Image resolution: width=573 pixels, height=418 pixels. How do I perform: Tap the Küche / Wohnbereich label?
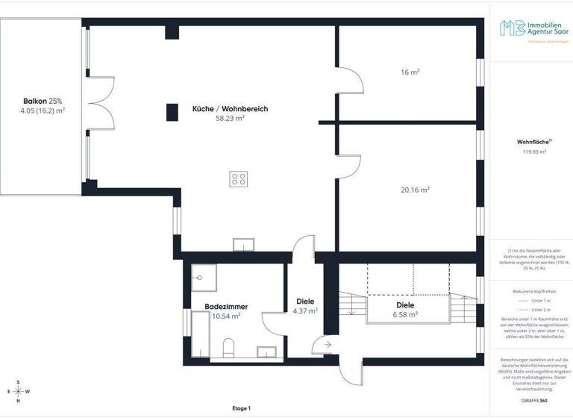[x=230, y=109]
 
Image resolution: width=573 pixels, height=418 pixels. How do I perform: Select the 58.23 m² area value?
[x=230, y=118]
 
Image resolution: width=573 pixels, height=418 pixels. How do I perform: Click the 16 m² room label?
[x=410, y=72]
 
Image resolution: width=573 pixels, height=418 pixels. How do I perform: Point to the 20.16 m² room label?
[x=414, y=190]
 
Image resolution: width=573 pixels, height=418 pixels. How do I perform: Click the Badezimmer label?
[x=226, y=307]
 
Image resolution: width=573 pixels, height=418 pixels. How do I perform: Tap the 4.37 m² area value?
[x=305, y=311]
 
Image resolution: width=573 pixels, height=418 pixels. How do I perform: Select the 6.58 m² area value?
[x=405, y=314]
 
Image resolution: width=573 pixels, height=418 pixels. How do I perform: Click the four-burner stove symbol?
[x=239, y=178]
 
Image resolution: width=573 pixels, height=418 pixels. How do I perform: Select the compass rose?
[x=18, y=391]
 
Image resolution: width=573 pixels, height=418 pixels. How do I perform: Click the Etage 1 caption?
[x=242, y=408]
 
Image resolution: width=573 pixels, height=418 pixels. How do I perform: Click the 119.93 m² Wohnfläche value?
[x=534, y=152]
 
